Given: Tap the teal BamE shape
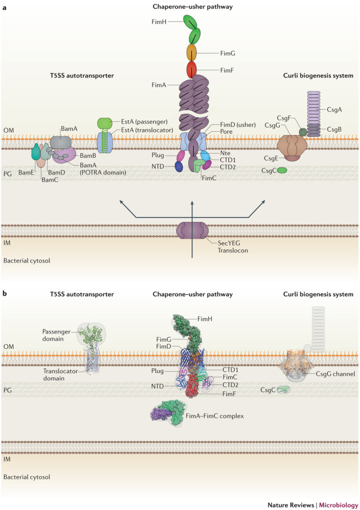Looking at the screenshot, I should coord(36,151).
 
